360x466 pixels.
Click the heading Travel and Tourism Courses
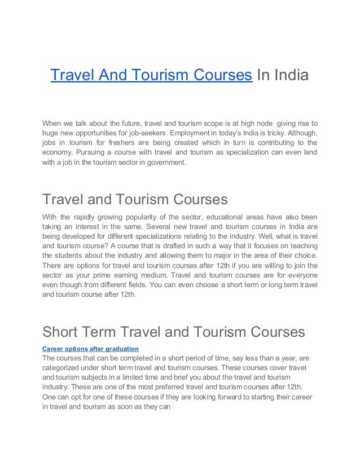135,200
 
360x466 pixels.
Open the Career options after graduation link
90,349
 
